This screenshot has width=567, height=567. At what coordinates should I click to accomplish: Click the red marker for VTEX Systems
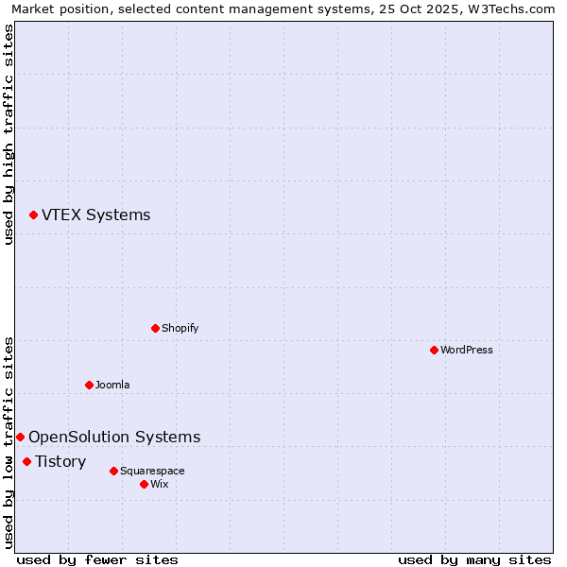pyautogui.click(x=33, y=215)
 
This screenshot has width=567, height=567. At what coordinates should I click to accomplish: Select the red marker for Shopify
pyautogui.click(x=155, y=328)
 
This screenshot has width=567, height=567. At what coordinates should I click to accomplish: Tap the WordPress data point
pyautogui.click(x=434, y=350)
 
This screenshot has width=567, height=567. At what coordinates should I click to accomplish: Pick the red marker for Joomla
pyautogui.click(x=89, y=385)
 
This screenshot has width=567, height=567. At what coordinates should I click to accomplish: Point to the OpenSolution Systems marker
pyautogui.click(x=20, y=437)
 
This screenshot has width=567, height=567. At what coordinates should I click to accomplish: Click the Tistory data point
pyautogui.click(x=26, y=461)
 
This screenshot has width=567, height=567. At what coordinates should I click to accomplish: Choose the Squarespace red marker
pyautogui.click(x=113, y=471)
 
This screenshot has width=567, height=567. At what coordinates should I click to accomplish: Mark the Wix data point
pyautogui.click(x=144, y=484)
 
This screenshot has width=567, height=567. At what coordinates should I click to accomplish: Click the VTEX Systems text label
pyautogui.click(x=95, y=215)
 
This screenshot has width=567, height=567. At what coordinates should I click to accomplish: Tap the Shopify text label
pyautogui.click(x=180, y=328)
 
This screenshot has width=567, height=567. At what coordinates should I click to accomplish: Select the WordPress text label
pyautogui.click(x=466, y=350)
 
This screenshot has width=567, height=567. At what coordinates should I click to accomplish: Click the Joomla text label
pyautogui.click(x=112, y=385)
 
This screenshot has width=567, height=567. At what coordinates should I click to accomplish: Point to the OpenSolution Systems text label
pyautogui.click(x=114, y=437)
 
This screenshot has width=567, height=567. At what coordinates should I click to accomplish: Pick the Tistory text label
pyautogui.click(x=60, y=461)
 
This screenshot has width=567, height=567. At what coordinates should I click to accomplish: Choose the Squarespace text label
pyautogui.click(x=152, y=471)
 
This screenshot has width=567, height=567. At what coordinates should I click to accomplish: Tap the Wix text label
pyautogui.click(x=159, y=484)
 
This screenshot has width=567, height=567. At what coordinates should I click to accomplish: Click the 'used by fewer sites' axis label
pyautogui.click(x=97, y=559)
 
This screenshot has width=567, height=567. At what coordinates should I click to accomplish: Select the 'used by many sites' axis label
pyautogui.click(x=474, y=559)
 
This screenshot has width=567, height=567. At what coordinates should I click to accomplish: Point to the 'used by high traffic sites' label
pyautogui.click(x=9, y=134)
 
